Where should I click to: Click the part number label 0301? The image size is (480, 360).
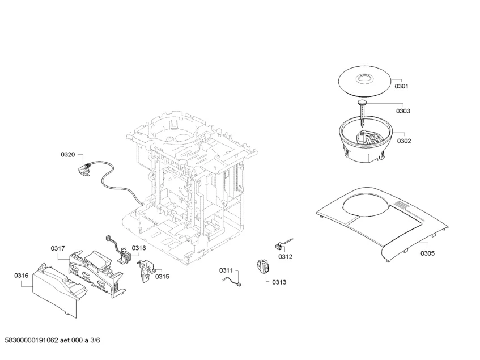click(x=401, y=86)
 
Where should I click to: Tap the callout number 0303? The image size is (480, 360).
click(x=403, y=111)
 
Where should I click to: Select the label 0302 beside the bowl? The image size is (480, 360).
click(x=404, y=141)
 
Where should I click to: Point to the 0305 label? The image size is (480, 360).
click(x=427, y=253)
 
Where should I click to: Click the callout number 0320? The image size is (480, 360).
click(x=68, y=154)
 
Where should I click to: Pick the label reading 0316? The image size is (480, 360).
click(x=21, y=276)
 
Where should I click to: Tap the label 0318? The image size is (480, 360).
click(x=139, y=248)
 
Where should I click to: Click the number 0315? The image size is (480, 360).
click(x=162, y=276)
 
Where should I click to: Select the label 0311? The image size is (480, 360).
click(x=227, y=271)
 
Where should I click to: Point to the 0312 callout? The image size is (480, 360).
click(x=285, y=257)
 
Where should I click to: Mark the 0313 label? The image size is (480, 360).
click(x=279, y=282)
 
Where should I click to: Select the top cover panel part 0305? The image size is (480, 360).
click(x=385, y=224)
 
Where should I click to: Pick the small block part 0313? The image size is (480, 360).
click(x=262, y=268)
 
